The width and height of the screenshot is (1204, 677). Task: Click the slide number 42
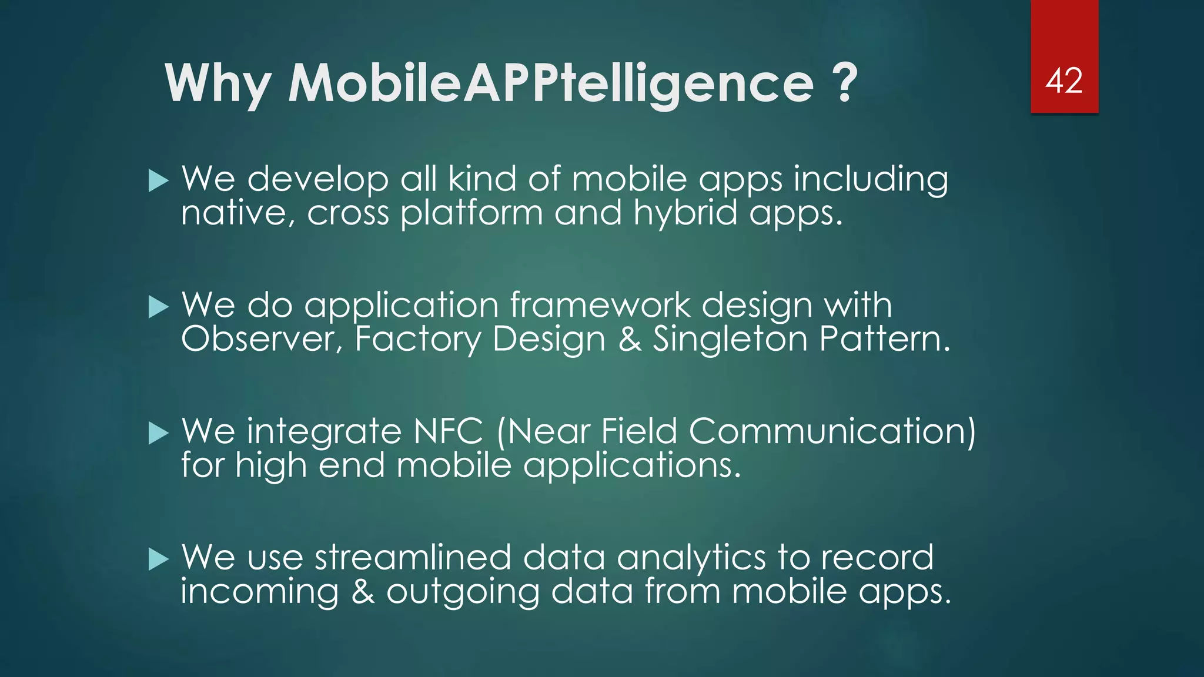(x=1063, y=81)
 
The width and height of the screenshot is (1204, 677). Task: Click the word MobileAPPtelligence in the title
(x=551, y=84)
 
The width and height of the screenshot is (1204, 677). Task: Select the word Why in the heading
(x=218, y=84)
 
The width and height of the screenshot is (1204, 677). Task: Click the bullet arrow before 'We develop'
(x=159, y=180)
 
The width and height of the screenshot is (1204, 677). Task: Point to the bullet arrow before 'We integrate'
(x=159, y=433)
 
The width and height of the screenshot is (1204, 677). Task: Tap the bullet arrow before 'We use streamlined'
(x=159, y=559)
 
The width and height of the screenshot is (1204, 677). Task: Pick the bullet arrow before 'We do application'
(x=159, y=307)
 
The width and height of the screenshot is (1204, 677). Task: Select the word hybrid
(x=685, y=213)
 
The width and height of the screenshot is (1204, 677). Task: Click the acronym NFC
(x=448, y=431)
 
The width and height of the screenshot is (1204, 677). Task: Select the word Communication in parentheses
(x=826, y=431)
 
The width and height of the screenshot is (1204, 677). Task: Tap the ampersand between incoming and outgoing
(x=363, y=591)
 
